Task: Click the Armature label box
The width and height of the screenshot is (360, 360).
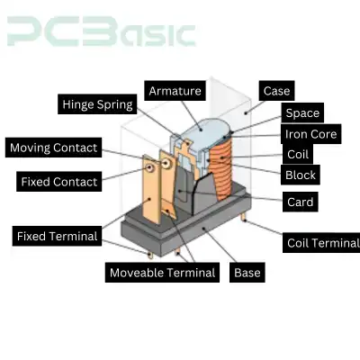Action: pos(175,91)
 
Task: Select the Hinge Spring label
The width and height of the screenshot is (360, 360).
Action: pos(97,104)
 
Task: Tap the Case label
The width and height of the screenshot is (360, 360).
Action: pos(276,91)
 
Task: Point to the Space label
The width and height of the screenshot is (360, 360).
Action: pos(302,112)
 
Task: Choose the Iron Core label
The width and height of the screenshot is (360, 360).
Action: pos(310,134)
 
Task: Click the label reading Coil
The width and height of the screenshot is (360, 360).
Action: pos(298,154)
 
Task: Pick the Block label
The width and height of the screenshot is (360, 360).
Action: pos(301,175)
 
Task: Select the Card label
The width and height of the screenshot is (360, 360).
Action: pos(300,202)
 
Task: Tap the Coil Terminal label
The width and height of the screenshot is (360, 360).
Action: pos(321,243)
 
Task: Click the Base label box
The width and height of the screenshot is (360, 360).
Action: pos(247,273)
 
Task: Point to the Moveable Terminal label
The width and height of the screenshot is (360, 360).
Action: pos(162,273)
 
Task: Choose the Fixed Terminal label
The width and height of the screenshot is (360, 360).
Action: pos(57,236)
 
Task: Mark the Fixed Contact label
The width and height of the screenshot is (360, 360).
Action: pos(59,182)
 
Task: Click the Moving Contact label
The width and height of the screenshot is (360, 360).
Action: pos(53,148)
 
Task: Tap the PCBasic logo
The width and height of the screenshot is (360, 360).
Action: pos(101,31)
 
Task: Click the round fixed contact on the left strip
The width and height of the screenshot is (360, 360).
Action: pos(149,168)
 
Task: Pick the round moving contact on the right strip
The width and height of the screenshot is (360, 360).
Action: pos(166,163)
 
